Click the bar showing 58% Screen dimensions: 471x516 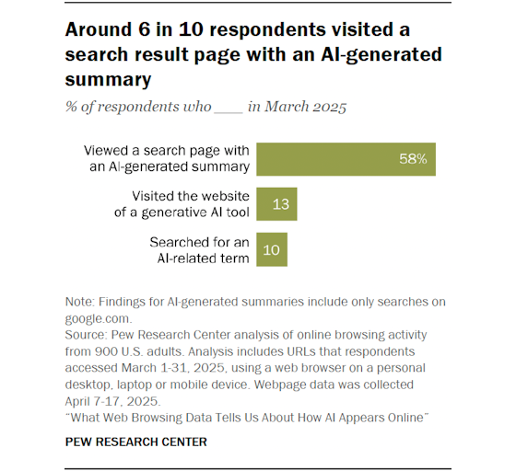point(346,158)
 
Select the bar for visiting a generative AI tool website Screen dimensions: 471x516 point(276,203)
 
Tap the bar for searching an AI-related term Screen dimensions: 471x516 point(272,248)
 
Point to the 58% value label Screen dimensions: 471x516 point(413,159)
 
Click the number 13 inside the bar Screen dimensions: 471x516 point(281,203)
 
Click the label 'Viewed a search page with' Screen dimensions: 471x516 point(167,151)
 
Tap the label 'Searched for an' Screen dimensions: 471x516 point(200,240)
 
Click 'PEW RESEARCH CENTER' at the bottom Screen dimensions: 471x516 point(135,441)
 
